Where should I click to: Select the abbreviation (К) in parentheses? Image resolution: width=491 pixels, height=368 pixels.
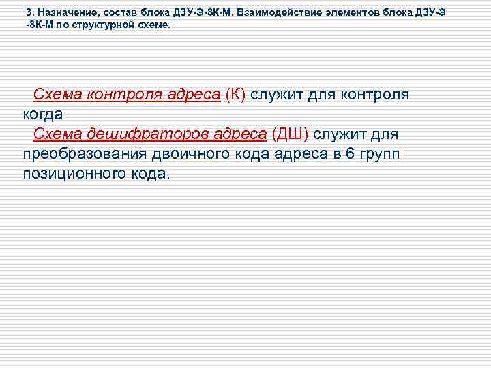pos(235,95)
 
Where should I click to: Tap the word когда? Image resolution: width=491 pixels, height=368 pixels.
pos(42,114)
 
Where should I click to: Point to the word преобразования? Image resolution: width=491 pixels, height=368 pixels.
pos(80,154)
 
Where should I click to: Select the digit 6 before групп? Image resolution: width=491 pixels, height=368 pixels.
pos(351,154)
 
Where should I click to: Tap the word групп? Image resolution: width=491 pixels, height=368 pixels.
pos(381,154)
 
